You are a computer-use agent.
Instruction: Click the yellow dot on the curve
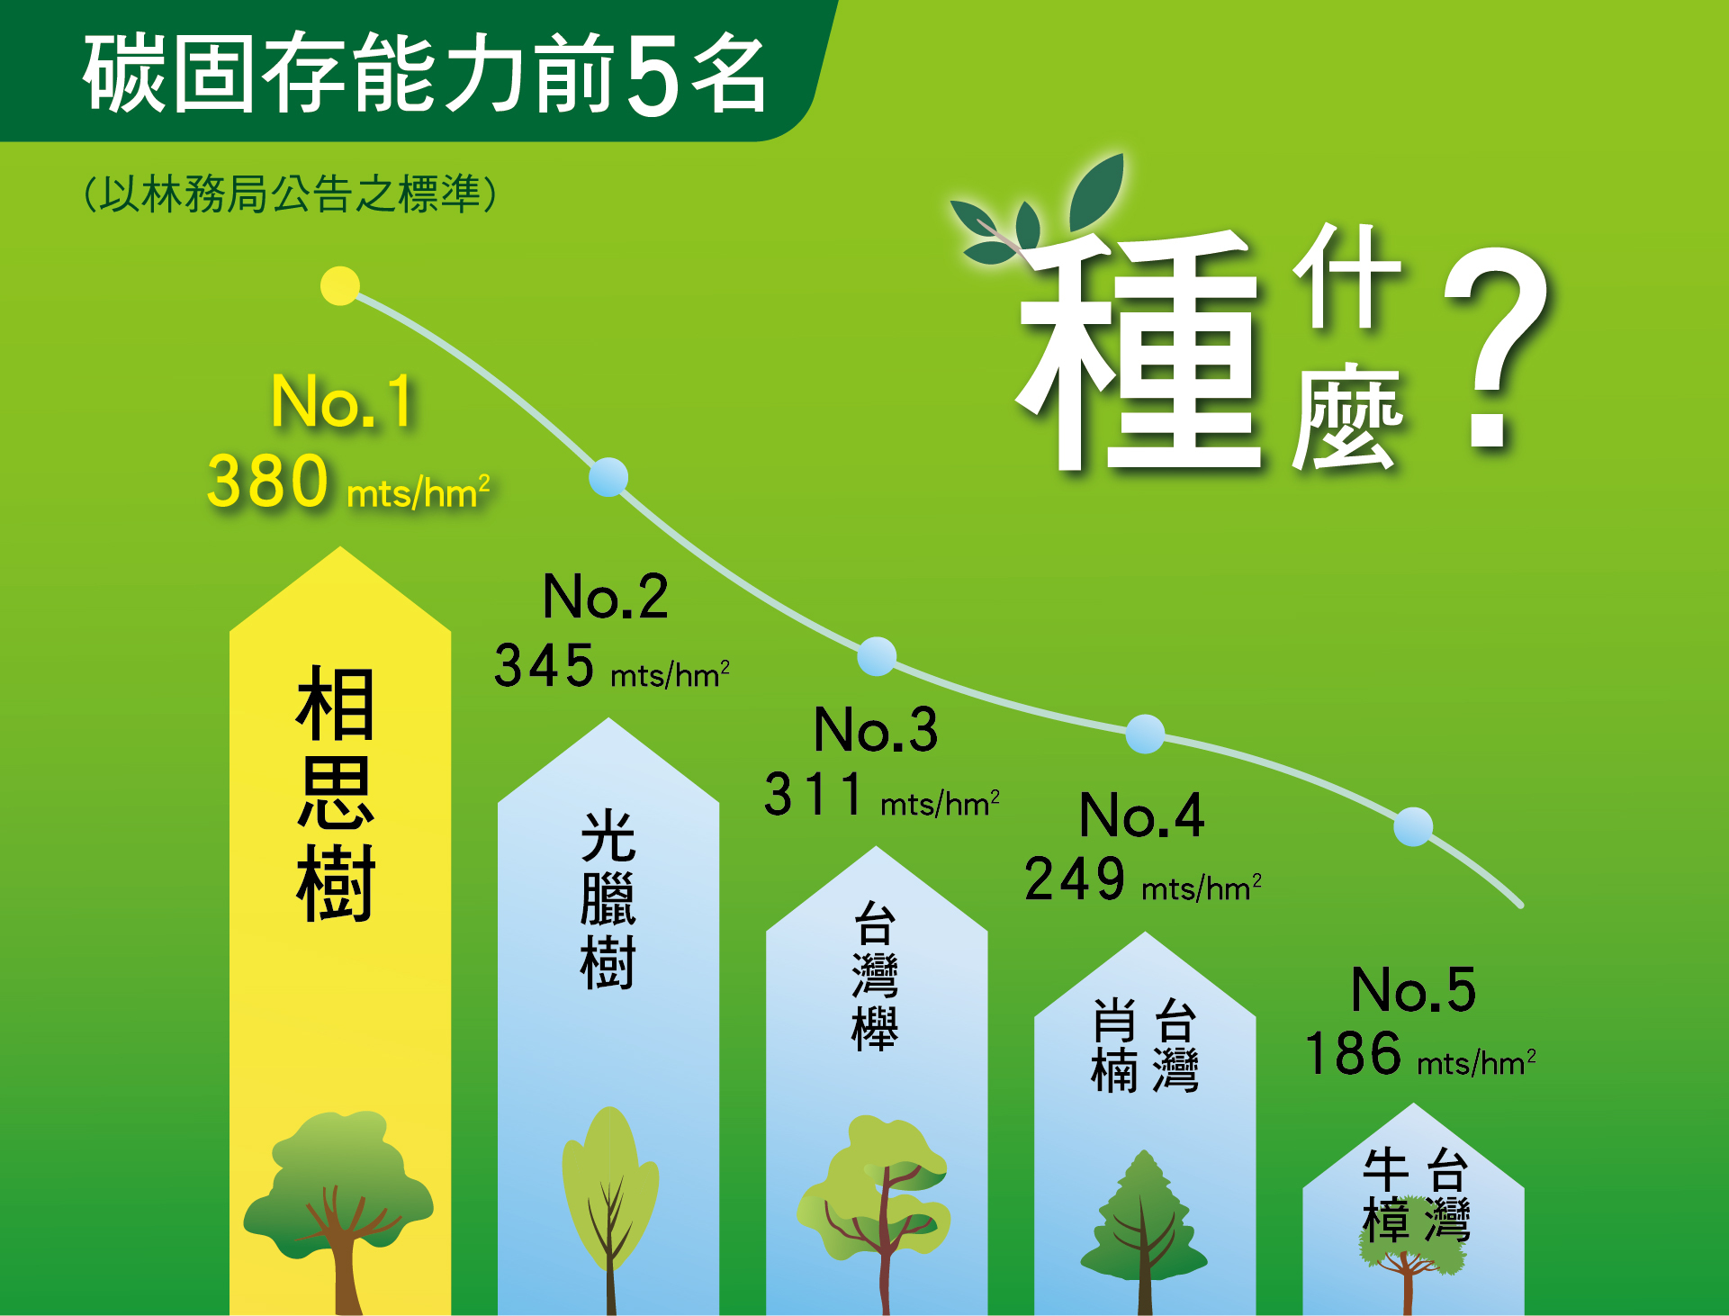[340, 286]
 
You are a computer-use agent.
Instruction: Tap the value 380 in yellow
[267, 482]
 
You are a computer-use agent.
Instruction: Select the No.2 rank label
[606, 596]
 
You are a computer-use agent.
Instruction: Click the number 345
[544, 666]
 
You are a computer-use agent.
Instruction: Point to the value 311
[814, 795]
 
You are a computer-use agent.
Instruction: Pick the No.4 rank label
[1141, 816]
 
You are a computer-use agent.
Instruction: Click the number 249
[1075, 879]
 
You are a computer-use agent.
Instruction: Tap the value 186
[1353, 1054]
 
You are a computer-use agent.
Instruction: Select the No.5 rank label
[1413, 990]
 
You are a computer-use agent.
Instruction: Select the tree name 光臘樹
[608, 899]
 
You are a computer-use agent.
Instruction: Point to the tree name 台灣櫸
[875, 976]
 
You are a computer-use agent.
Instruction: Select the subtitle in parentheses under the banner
[290, 194]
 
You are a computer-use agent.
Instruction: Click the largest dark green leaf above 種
[1097, 192]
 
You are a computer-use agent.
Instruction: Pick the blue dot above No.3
[877, 656]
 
